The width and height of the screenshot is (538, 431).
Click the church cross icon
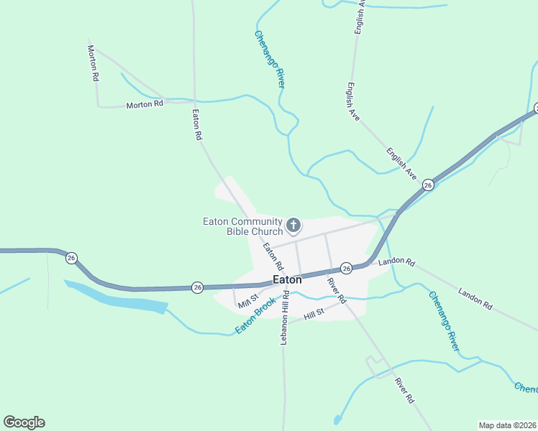click(293, 226)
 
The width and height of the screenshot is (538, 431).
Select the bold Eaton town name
click(287, 281)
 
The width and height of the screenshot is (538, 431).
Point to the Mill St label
click(248, 302)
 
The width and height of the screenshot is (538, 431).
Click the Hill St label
click(314, 314)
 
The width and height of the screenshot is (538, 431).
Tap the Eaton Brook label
click(255, 316)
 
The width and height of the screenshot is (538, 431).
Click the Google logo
click(24, 422)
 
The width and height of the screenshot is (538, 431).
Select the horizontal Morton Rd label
click(145, 104)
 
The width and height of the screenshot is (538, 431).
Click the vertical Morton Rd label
click(93, 63)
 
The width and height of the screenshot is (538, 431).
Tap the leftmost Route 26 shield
click(70, 257)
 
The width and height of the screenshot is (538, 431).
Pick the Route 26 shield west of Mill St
click(198, 287)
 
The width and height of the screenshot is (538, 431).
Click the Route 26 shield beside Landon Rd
click(346, 268)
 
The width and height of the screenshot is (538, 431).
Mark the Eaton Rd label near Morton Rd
click(196, 124)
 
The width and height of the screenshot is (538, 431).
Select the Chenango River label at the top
click(270, 60)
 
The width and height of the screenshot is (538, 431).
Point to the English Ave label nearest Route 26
click(401, 164)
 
